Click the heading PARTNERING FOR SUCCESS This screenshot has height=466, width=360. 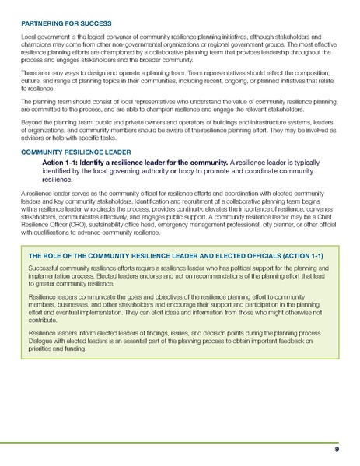pyautogui.click(x=67, y=24)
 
